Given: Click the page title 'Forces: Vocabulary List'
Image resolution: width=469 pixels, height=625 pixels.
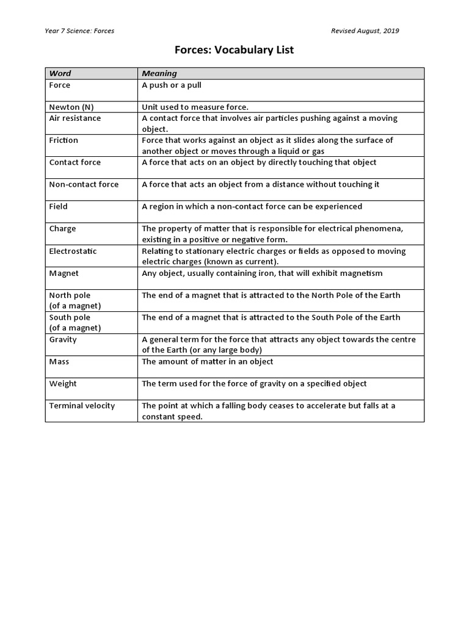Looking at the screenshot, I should click(234, 50).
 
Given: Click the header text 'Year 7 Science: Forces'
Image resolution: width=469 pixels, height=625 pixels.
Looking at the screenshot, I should click(79, 31).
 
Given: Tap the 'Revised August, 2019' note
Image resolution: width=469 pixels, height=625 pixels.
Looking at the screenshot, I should click(365, 31).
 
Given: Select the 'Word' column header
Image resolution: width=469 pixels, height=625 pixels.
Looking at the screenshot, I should click(60, 73).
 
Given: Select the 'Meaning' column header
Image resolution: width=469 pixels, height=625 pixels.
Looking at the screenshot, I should click(159, 73).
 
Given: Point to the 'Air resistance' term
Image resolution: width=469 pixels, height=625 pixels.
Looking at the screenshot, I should click(75, 118).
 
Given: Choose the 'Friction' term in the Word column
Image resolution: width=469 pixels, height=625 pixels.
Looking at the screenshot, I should click(64, 140).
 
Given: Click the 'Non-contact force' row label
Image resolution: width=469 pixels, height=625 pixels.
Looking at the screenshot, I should click(84, 184).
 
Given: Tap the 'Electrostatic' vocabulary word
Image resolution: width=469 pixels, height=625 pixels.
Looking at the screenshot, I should click(73, 251).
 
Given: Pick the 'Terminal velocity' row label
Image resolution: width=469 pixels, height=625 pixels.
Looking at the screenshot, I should click(82, 406).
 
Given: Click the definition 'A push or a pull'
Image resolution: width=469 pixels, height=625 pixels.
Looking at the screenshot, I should click(172, 85).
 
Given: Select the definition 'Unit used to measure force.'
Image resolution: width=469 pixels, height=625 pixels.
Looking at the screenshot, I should click(195, 107).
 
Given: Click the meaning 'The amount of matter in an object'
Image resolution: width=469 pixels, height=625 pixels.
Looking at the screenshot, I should click(208, 361).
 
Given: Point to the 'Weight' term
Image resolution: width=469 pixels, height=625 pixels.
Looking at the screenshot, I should click(63, 384).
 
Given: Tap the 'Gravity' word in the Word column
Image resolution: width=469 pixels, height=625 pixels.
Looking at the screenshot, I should click(63, 339).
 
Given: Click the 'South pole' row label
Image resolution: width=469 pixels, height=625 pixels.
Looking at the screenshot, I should click(70, 317).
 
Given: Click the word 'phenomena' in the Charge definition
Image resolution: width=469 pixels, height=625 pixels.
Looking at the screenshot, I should click(382, 229).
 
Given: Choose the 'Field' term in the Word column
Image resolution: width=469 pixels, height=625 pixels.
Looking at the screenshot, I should click(58, 206).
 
